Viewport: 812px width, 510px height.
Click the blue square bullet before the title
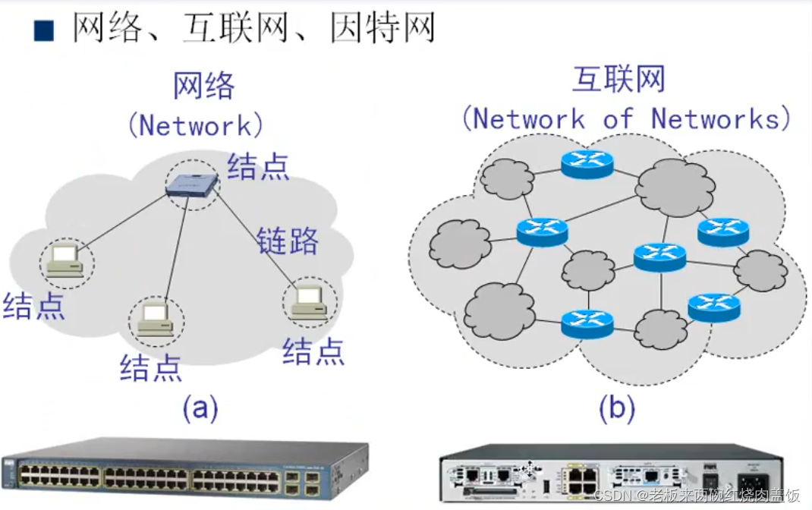[x=44, y=30]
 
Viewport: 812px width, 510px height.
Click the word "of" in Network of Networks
[x=618, y=119]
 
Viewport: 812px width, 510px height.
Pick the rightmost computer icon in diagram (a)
[x=310, y=301]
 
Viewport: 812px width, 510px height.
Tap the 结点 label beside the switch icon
[x=258, y=166]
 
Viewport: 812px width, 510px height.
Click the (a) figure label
[x=200, y=409]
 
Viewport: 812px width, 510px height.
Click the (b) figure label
[x=616, y=409]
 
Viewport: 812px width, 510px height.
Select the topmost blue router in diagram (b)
[x=587, y=164]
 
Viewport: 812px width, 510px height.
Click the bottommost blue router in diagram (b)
[x=587, y=323]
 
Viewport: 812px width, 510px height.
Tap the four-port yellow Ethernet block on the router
[x=582, y=480]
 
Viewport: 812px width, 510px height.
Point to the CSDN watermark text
[x=697, y=496]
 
